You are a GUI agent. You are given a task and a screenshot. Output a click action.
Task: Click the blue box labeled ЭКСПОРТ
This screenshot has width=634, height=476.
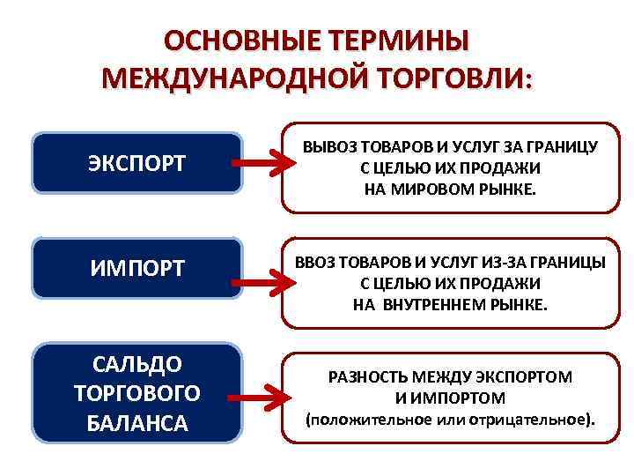137,163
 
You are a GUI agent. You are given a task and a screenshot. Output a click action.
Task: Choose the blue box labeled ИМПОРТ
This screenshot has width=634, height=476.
137,268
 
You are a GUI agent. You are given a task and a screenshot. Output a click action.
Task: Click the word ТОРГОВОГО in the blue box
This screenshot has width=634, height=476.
137,392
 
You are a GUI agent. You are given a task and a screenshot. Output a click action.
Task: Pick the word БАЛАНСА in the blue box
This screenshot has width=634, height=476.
137,422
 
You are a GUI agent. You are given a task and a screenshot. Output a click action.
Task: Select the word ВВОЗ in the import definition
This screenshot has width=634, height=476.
318,263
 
